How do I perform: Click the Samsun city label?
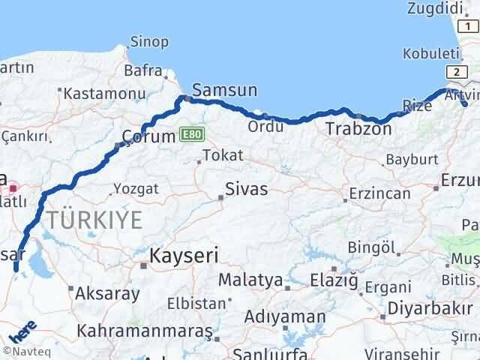click(225, 91)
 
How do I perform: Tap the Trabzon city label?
click(358, 129)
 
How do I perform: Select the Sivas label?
click(247, 189)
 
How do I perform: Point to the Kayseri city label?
click(184, 256)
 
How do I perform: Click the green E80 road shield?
click(191, 134)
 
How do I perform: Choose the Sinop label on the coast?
click(149, 42)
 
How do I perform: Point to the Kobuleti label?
click(430, 54)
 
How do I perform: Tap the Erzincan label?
click(381, 193)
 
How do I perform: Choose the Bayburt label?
click(411, 159)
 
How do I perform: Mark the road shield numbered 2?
click(456, 71)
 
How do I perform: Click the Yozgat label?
click(136, 189)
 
